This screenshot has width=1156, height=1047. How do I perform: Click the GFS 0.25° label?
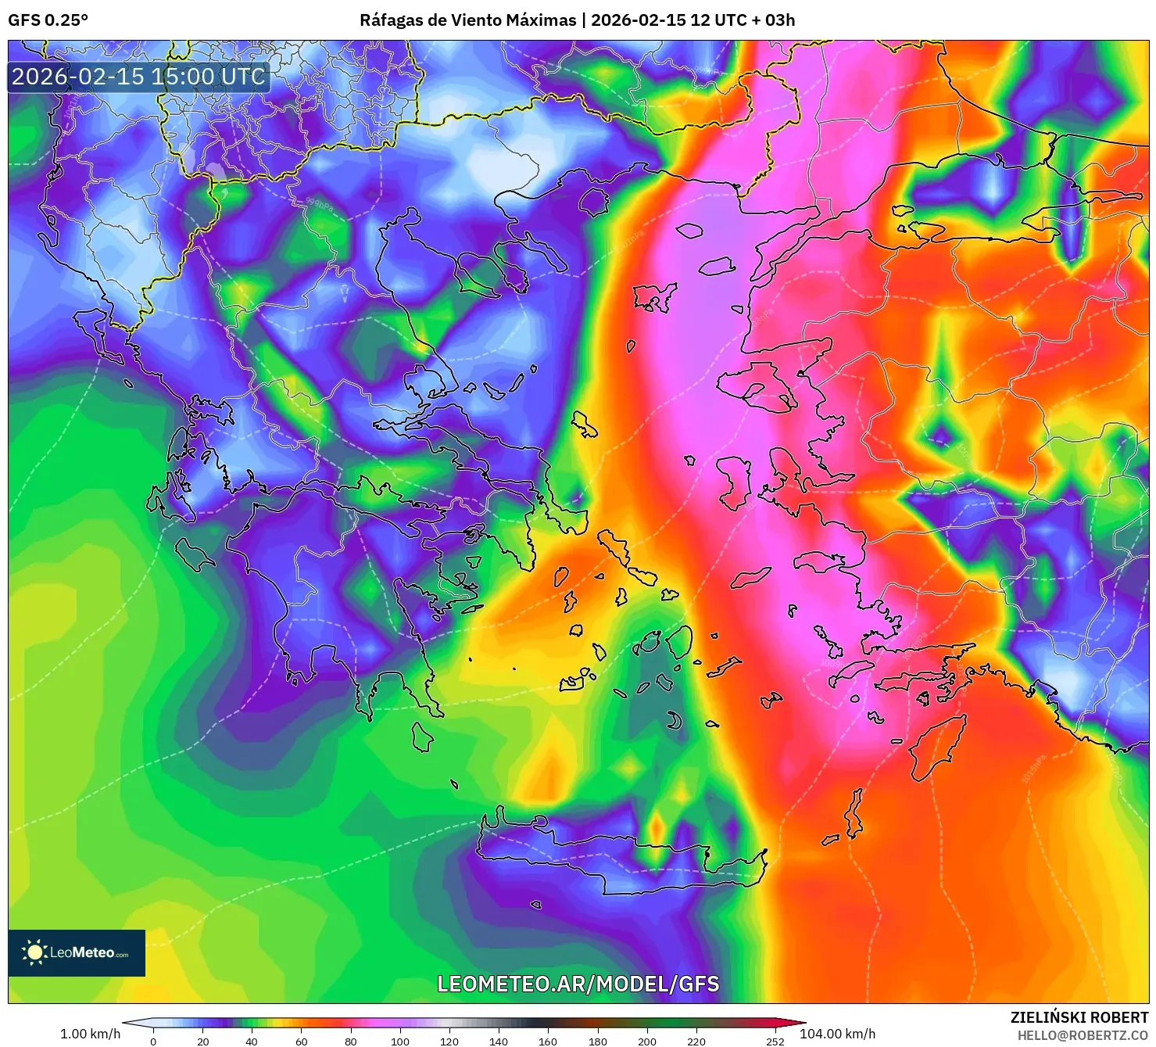pyautogui.click(x=48, y=20)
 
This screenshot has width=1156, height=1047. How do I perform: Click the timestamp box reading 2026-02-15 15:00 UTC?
pyautogui.click(x=138, y=77)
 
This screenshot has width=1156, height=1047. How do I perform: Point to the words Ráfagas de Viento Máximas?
pyautogui.click(x=467, y=20)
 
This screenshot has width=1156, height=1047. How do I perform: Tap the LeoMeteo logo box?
pyautogui.click(x=77, y=952)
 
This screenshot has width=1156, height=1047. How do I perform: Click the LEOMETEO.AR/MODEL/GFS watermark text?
pyautogui.click(x=578, y=984)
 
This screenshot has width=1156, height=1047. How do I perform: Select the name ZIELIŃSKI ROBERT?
pyautogui.click(x=1079, y=1017)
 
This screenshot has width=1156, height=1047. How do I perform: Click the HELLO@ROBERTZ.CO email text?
pyautogui.click(x=1082, y=1035)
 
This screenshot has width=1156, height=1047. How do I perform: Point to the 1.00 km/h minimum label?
pyautogui.click(x=90, y=1034)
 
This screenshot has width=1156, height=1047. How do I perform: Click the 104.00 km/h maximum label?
pyautogui.click(x=837, y=1034)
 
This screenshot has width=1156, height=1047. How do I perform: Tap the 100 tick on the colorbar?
pyautogui.click(x=399, y=1041)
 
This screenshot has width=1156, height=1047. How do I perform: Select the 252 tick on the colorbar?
pyautogui.click(x=775, y=1041)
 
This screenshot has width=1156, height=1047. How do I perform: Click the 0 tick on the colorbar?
pyautogui.click(x=153, y=1041)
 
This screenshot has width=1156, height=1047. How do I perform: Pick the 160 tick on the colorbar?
pyautogui.click(x=548, y=1041)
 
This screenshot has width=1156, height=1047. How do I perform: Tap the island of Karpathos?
pyautogui.click(x=854, y=813)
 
